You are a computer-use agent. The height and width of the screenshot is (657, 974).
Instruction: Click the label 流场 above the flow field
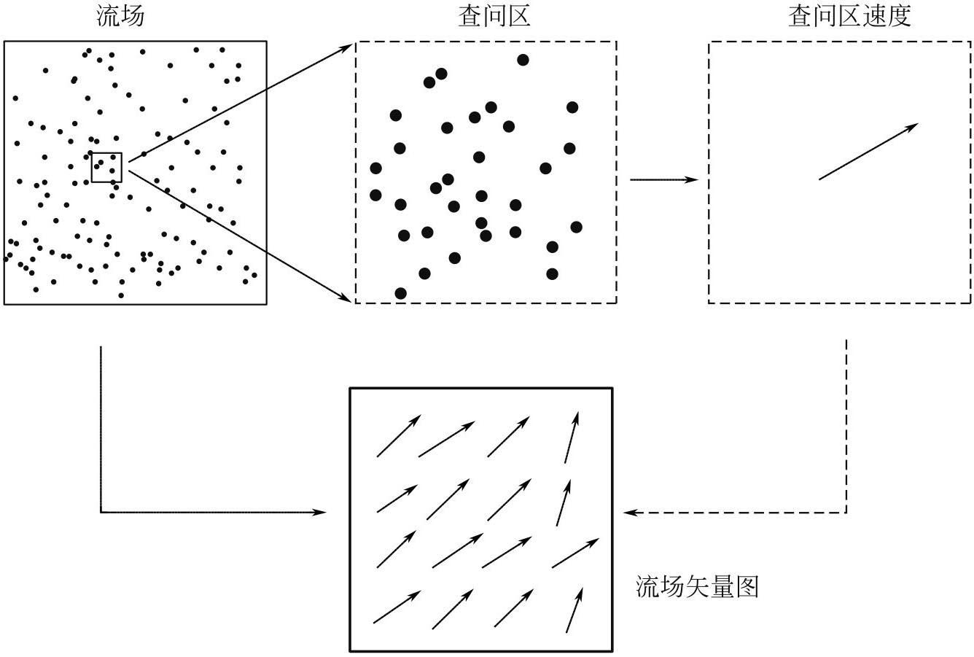tap(120, 18)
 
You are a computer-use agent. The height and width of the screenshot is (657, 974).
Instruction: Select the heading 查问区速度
tap(849, 18)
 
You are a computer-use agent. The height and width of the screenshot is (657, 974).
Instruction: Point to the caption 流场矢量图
tap(698, 586)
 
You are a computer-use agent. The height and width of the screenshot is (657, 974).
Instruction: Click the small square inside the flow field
tap(106, 167)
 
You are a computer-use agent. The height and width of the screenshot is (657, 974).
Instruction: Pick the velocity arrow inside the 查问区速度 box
tap(868, 152)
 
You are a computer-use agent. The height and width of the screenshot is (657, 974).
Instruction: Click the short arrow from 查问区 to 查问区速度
tap(663, 179)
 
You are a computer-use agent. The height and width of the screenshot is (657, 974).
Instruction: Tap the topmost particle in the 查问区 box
tap(523, 60)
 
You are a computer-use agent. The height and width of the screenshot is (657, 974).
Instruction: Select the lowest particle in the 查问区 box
tap(400, 293)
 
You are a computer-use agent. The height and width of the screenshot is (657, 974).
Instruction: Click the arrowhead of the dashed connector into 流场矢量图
tap(628, 513)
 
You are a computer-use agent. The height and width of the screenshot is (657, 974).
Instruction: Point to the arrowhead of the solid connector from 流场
tap(321, 513)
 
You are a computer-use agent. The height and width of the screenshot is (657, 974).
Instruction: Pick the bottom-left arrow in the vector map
tap(397, 607)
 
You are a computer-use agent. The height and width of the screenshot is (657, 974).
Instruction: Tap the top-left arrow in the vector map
tap(398, 436)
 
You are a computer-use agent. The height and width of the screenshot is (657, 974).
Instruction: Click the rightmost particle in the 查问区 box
tap(576, 227)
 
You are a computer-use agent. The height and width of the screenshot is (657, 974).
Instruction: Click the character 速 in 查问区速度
tap(870, 18)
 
